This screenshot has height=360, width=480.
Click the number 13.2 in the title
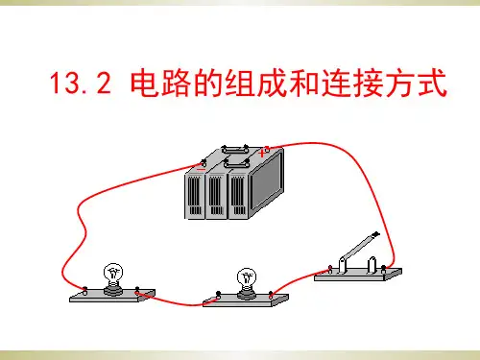coord(81,83)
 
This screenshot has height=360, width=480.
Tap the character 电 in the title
coord(145,83)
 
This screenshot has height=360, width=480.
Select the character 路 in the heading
coord(177,83)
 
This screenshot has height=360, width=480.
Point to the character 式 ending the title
coord(432,83)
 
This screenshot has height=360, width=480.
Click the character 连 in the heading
coord(336,83)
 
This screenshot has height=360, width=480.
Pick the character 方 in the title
coord(400,83)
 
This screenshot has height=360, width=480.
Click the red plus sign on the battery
coord(262,153)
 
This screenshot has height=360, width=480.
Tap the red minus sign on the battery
coord(201,169)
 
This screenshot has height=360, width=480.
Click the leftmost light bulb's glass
coord(113,274)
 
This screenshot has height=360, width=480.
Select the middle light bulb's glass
coord(247,278)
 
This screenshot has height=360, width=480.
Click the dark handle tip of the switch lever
coord(375,234)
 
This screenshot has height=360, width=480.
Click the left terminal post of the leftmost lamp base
coord(84,291)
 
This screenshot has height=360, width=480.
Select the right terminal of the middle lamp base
coord(271,295)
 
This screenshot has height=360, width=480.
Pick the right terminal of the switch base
coord(383,269)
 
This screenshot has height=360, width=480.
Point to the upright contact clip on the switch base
coord(372,265)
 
